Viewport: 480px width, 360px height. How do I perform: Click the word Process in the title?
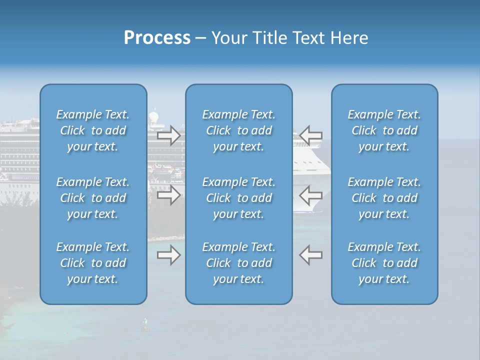tap(157, 38)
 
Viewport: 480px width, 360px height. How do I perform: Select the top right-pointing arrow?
tap(168, 135)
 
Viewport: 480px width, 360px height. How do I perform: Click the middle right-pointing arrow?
tap(168, 195)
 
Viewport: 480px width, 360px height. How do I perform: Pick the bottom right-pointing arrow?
tap(168, 255)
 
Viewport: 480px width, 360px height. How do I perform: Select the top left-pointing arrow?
tap(311, 135)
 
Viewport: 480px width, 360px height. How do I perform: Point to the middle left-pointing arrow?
tap(311, 195)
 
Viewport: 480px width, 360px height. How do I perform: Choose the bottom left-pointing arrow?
tap(311, 255)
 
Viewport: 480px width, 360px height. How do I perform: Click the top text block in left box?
tap(93, 130)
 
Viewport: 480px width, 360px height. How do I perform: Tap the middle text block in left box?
tap(93, 198)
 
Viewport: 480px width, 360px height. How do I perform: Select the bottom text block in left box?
tap(93, 263)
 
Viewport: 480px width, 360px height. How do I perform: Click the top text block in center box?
tap(238, 130)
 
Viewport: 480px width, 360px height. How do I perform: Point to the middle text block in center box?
tap(238, 198)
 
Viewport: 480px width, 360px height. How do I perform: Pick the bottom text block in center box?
tap(238, 263)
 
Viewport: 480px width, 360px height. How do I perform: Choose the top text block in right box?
tap(384, 130)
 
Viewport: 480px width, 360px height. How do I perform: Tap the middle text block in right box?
tap(384, 198)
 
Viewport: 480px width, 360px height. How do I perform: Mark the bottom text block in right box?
tap(384, 263)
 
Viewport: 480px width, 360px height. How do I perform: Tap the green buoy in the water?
tap(145, 325)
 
